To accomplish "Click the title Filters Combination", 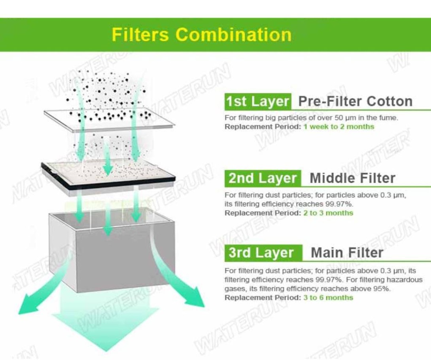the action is point(202,35).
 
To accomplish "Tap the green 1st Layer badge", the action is point(258,101).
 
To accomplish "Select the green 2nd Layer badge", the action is point(263,178).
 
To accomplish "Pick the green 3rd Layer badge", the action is point(263,253).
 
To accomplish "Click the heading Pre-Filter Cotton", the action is point(355,101).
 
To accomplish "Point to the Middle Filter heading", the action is point(352,178).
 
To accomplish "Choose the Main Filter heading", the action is point(347,253).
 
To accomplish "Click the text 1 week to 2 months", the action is point(338,126).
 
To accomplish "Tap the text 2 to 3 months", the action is point(328,213).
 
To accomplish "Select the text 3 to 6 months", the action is point(328,298).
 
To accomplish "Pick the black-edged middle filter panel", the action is point(108,177).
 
